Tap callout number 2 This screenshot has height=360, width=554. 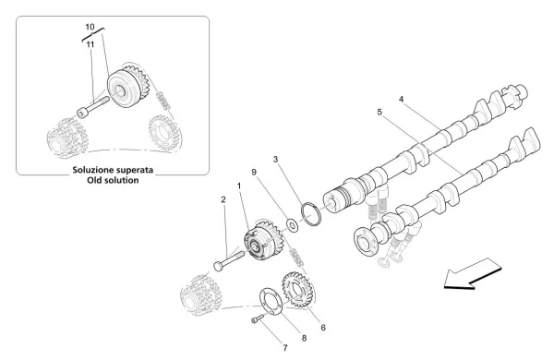pyautogui.click(x=223, y=198)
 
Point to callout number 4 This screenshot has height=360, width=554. pyautogui.click(x=401, y=99)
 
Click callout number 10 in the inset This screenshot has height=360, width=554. pyautogui.click(x=90, y=29)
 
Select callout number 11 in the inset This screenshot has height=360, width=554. pyautogui.click(x=90, y=43)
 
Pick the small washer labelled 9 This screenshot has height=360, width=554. pyautogui.click(x=292, y=223)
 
